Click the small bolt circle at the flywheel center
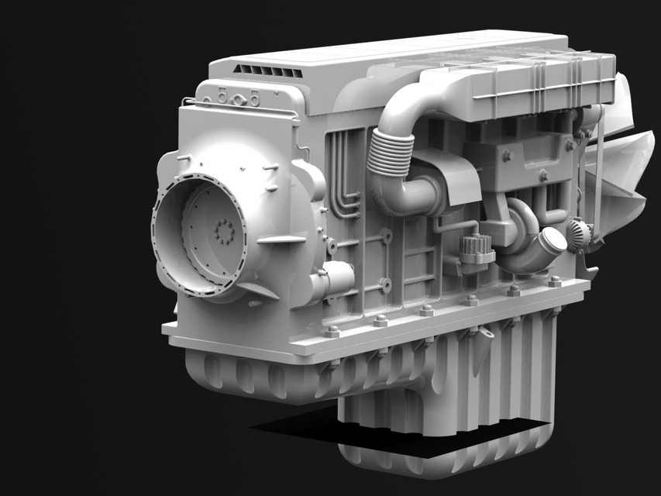(224, 230)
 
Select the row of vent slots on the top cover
(267, 71)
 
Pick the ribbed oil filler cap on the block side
(476, 250)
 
